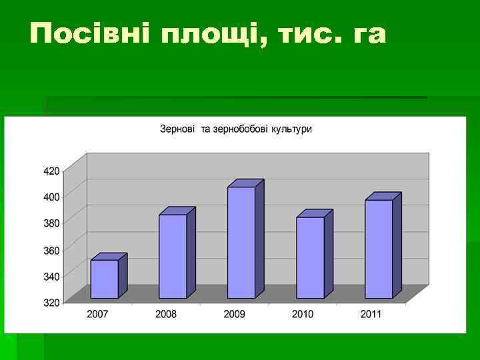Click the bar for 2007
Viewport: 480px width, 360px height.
click(x=105, y=279)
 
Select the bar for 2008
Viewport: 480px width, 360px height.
click(x=173, y=256)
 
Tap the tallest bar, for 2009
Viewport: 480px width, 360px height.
click(x=241, y=242)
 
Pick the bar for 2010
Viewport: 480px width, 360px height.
click(x=310, y=257)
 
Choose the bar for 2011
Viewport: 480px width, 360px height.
click(x=379, y=249)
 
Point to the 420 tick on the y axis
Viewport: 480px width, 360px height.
click(x=51, y=171)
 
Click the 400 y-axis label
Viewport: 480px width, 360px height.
click(x=51, y=196)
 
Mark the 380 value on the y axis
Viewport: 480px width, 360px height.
click(x=51, y=223)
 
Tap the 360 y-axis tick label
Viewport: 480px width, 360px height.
click(x=51, y=250)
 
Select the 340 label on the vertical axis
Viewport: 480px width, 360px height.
click(x=51, y=276)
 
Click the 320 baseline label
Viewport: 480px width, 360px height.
click(x=51, y=302)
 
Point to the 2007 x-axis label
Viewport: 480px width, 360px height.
click(x=97, y=314)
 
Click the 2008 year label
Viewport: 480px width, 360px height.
click(x=166, y=314)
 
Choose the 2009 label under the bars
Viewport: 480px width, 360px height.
click(x=234, y=314)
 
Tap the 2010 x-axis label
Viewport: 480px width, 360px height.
click(x=303, y=314)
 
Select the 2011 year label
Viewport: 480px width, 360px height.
click(x=371, y=314)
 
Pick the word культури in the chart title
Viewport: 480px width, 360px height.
click(x=291, y=129)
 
